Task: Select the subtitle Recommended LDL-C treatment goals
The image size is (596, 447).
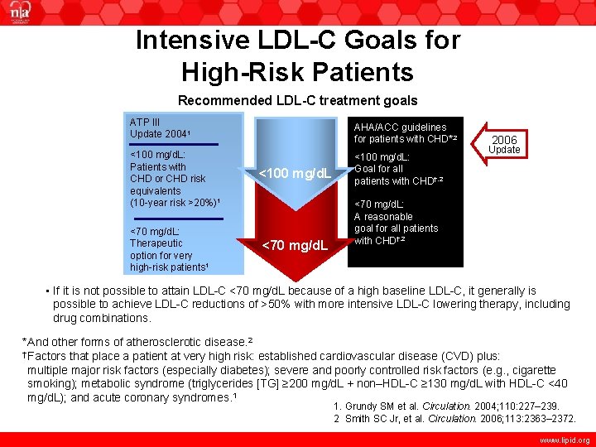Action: point(298,101)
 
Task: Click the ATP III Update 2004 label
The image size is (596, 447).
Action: point(158,127)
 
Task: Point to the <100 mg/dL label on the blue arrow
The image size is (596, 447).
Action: point(295,174)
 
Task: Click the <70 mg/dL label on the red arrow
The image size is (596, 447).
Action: point(296,244)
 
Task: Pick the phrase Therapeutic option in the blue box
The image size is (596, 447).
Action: point(156,243)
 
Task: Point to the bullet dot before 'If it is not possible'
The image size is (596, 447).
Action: point(46,291)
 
